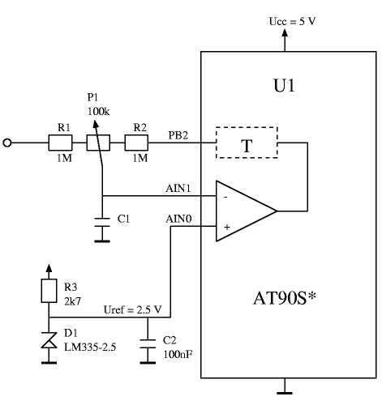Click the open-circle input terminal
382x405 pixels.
(x=7, y=143)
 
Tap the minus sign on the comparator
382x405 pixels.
(x=225, y=198)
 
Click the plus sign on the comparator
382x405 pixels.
(x=227, y=227)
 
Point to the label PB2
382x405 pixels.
(x=178, y=135)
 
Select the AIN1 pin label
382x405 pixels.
(x=178, y=188)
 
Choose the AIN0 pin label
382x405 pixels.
(x=178, y=219)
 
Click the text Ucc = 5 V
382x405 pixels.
(x=292, y=21)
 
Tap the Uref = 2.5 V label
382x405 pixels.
(x=133, y=309)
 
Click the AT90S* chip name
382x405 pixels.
(x=285, y=298)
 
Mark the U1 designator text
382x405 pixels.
(x=284, y=86)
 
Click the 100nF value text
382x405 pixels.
(x=178, y=354)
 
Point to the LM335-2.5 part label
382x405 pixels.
(x=90, y=347)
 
